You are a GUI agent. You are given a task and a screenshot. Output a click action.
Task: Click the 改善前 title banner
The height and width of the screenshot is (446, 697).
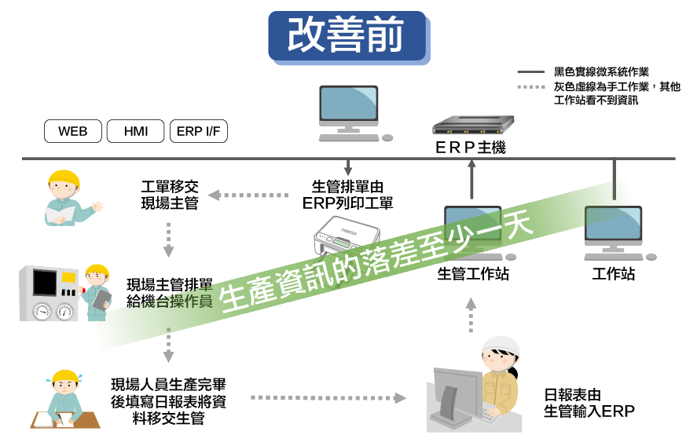tap(347, 36)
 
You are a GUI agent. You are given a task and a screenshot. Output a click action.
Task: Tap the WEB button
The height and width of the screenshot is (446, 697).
tap(73, 131)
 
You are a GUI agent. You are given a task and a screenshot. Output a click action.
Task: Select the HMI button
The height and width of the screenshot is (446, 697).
tap(136, 131)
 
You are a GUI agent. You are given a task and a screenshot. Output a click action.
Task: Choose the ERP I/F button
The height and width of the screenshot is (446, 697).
tap(199, 131)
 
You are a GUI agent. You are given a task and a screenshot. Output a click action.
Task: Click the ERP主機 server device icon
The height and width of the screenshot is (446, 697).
tap(471, 126)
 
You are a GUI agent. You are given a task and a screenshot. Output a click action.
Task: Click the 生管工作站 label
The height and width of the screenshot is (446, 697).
tap(473, 274)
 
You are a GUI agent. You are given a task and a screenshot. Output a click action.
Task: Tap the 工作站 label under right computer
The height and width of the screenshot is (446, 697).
tap(614, 274)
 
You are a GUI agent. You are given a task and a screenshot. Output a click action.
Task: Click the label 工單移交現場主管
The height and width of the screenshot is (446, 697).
tap(170, 196)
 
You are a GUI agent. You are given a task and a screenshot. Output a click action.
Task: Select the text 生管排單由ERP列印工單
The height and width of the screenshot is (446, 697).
tap(348, 195)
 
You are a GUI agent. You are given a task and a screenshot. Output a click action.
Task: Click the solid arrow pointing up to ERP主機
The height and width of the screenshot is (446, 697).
tap(471, 180)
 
